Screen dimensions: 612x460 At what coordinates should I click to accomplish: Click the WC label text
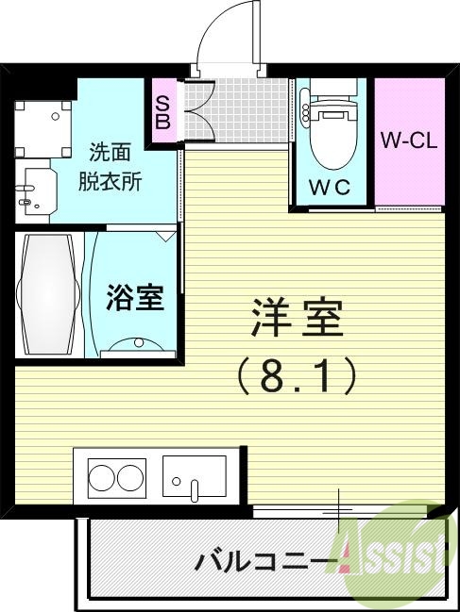click(331, 187)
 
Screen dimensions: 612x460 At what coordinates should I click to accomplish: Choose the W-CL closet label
click(409, 141)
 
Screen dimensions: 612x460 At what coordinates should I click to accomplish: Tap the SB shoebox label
click(162, 112)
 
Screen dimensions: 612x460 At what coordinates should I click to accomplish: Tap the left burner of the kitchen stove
click(101, 476)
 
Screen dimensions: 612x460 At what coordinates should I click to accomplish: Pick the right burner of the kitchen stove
click(130, 476)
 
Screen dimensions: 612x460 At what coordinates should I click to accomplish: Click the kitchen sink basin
click(194, 475)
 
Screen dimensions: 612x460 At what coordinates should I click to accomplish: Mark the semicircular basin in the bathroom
click(137, 346)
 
